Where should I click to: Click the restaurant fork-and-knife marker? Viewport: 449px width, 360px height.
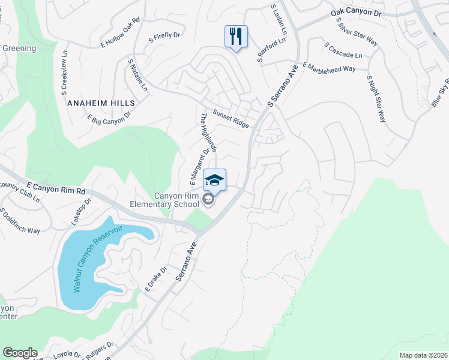236,37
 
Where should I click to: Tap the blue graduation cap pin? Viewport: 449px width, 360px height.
215,179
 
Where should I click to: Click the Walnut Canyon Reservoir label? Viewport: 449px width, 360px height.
99,257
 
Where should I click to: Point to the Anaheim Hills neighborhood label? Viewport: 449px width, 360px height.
101,103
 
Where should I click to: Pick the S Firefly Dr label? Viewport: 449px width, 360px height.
164,36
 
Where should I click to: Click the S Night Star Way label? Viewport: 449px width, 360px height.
375,98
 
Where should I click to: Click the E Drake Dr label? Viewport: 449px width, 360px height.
151,281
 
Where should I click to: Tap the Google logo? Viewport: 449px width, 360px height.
20,352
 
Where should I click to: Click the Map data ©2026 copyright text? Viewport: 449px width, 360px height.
423,355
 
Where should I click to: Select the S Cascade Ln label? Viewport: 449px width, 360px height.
343,50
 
